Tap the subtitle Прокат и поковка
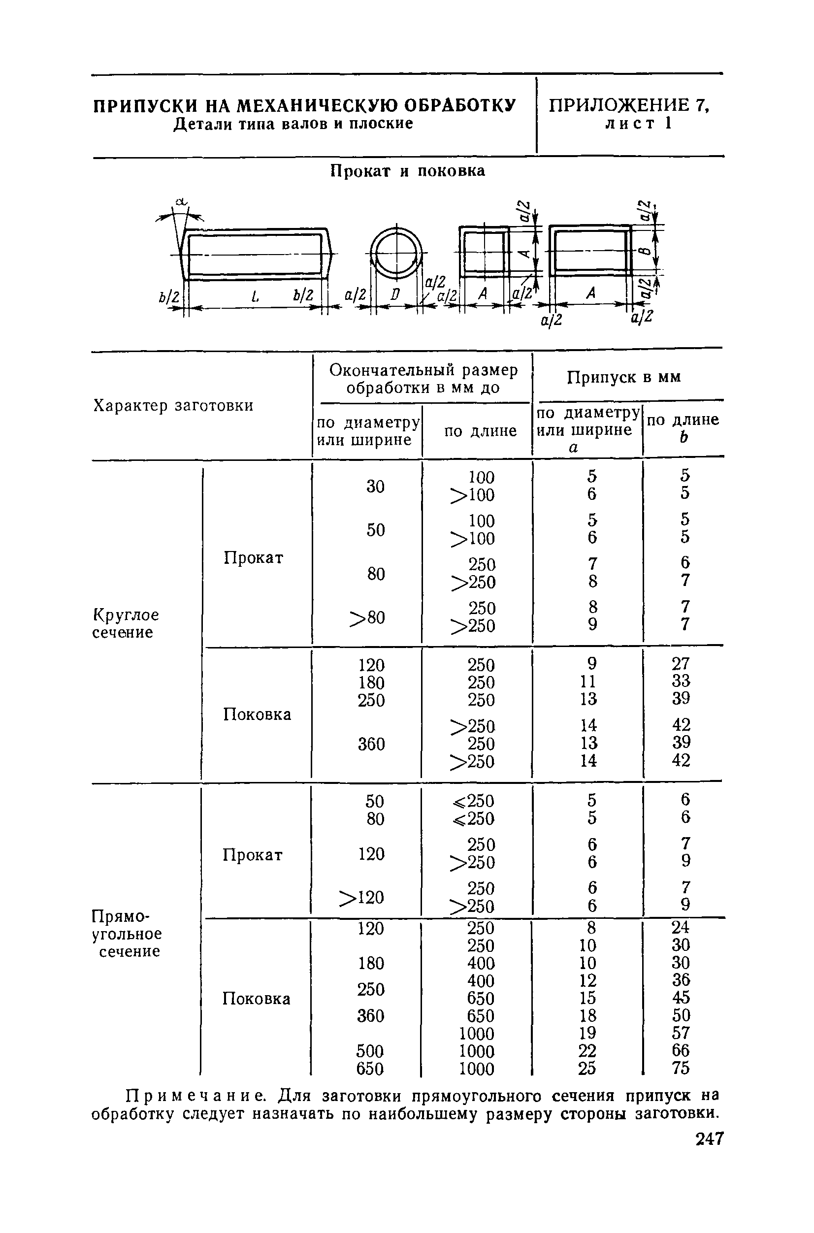click(x=408, y=171)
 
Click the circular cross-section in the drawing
click(x=396, y=253)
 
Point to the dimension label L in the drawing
click(x=255, y=297)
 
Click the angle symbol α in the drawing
click(x=181, y=202)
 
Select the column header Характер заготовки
click(x=173, y=405)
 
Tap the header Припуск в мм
click(x=623, y=377)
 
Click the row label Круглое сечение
click(x=126, y=623)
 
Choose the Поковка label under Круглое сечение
click(x=257, y=714)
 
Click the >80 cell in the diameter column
click(x=367, y=618)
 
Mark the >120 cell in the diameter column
click(x=361, y=897)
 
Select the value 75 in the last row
click(x=681, y=1069)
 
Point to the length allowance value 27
click(x=681, y=663)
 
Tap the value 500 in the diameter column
click(x=370, y=1051)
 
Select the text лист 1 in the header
click(x=639, y=124)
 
